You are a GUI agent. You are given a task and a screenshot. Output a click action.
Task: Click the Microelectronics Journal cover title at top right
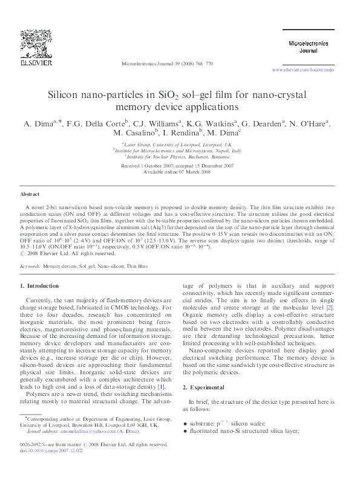pos(308,47)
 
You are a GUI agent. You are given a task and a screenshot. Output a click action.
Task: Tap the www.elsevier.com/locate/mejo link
pos(303,71)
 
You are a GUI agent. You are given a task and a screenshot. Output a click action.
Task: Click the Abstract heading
pos(30,195)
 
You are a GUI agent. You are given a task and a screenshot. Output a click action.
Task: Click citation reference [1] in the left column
pos(161,386)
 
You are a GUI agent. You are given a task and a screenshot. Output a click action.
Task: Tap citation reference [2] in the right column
pos(330,308)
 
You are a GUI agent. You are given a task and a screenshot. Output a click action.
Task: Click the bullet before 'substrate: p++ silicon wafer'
pos(185,425)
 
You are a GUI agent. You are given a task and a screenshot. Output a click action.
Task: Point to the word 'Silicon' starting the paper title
pos(67,95)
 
